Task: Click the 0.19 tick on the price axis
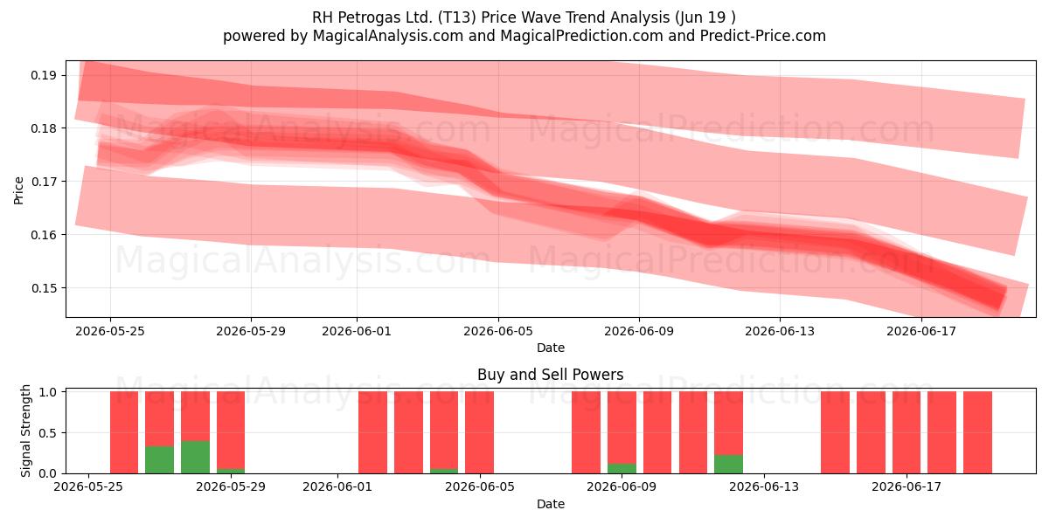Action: pyautogui.click(x=44, y=75)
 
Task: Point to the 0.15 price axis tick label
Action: pyautogui.click(x=44, y=288)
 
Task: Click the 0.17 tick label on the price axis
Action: pyautogui.click(x=44, y=182)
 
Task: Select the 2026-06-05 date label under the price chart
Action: pyautogui.click(x=498, y=331)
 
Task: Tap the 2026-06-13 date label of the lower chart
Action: pyautogui.click(x=764, y=486)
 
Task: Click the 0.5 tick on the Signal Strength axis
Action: pyautogui.click(x=47, y=433)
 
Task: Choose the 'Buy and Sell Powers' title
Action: pyautogui.click(x=550, y=375)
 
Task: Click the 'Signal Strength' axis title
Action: pyautogui.click(x=25, y=431)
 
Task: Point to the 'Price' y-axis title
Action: pyautogui.click(x=18, y=190)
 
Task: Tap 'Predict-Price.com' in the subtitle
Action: pyautogui.click(x=763, y=36)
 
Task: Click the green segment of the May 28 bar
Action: pyautogui.click(x=195, y=457)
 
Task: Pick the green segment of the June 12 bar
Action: pyautogui.click(x=728, y=464)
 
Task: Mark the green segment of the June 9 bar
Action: pyautogui.click(x=622, y=468)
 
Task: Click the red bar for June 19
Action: pyautogui.click(x=977, y=432)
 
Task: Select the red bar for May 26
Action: pyautogui.click(x=124, y=432)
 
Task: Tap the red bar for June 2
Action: pyautogui.click(x=372, y=432)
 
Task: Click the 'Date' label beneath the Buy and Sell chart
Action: pyautogui.click(x=550, y=504)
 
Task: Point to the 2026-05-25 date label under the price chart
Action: pyautogui.click(x=110, y=331)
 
